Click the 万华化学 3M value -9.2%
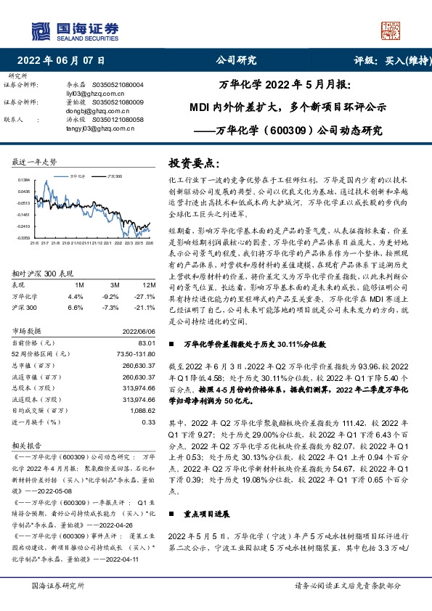[x=109, y=297]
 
